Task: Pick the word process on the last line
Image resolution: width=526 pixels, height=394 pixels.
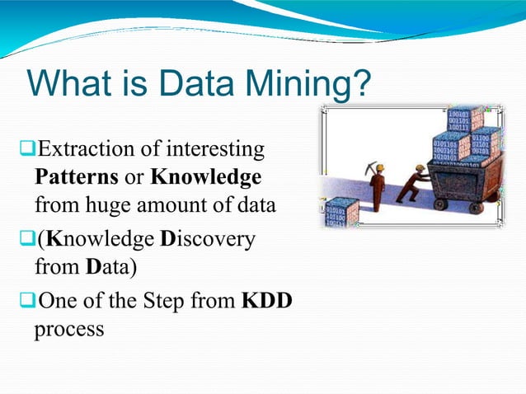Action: (x=69, y=328)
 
